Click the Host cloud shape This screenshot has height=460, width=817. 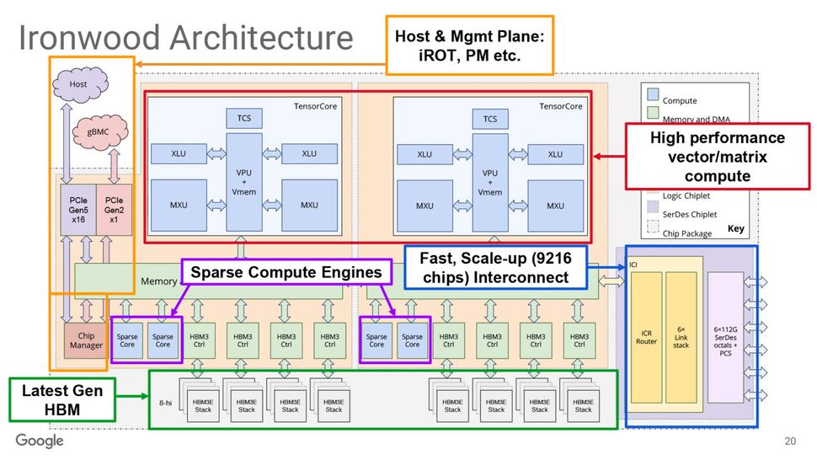point(78,85)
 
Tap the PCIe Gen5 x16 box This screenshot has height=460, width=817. point(77,208)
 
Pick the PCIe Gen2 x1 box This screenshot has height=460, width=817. point(113,208)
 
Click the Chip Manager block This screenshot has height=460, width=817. point(86,340)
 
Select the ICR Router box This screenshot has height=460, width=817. point(647,338)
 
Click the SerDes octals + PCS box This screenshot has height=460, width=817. point(726,338)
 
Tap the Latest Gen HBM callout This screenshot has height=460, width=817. point(62,399)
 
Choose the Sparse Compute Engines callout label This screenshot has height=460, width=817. point(287,272)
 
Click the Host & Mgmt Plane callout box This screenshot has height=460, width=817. point(469,45)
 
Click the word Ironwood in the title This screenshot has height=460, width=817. point(88,39)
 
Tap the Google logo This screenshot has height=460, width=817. point(40,441)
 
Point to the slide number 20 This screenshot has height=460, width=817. point(789,441)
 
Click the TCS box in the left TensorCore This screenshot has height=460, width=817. point(244,119)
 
